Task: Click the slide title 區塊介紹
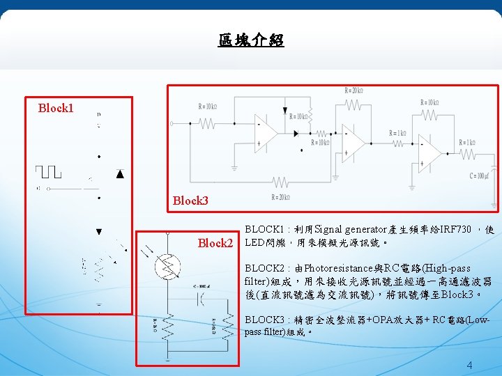251,40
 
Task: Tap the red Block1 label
56,108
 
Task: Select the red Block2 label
215,243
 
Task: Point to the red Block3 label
190,201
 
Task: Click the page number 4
469,366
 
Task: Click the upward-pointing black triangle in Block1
119,174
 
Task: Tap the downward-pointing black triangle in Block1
99,231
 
